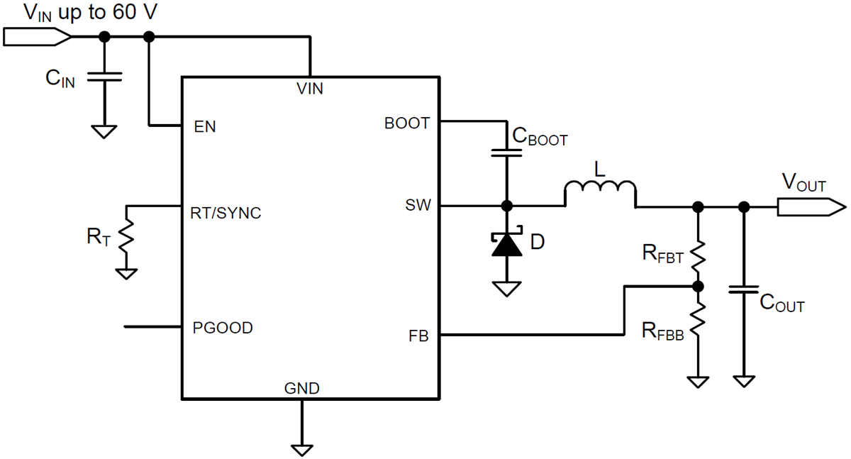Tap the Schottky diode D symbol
point(507,244)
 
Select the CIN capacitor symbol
point(104,77)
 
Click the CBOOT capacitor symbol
point(507,153)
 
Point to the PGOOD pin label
point(223,328)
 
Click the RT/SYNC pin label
point(226,211)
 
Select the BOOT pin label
point(406,123)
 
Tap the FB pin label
point(418,336)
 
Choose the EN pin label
point(205,128)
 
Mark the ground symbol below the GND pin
point(302,449)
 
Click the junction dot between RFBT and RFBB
point(699,287)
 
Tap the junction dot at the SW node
point(507,206)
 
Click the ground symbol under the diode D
point(507,289)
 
